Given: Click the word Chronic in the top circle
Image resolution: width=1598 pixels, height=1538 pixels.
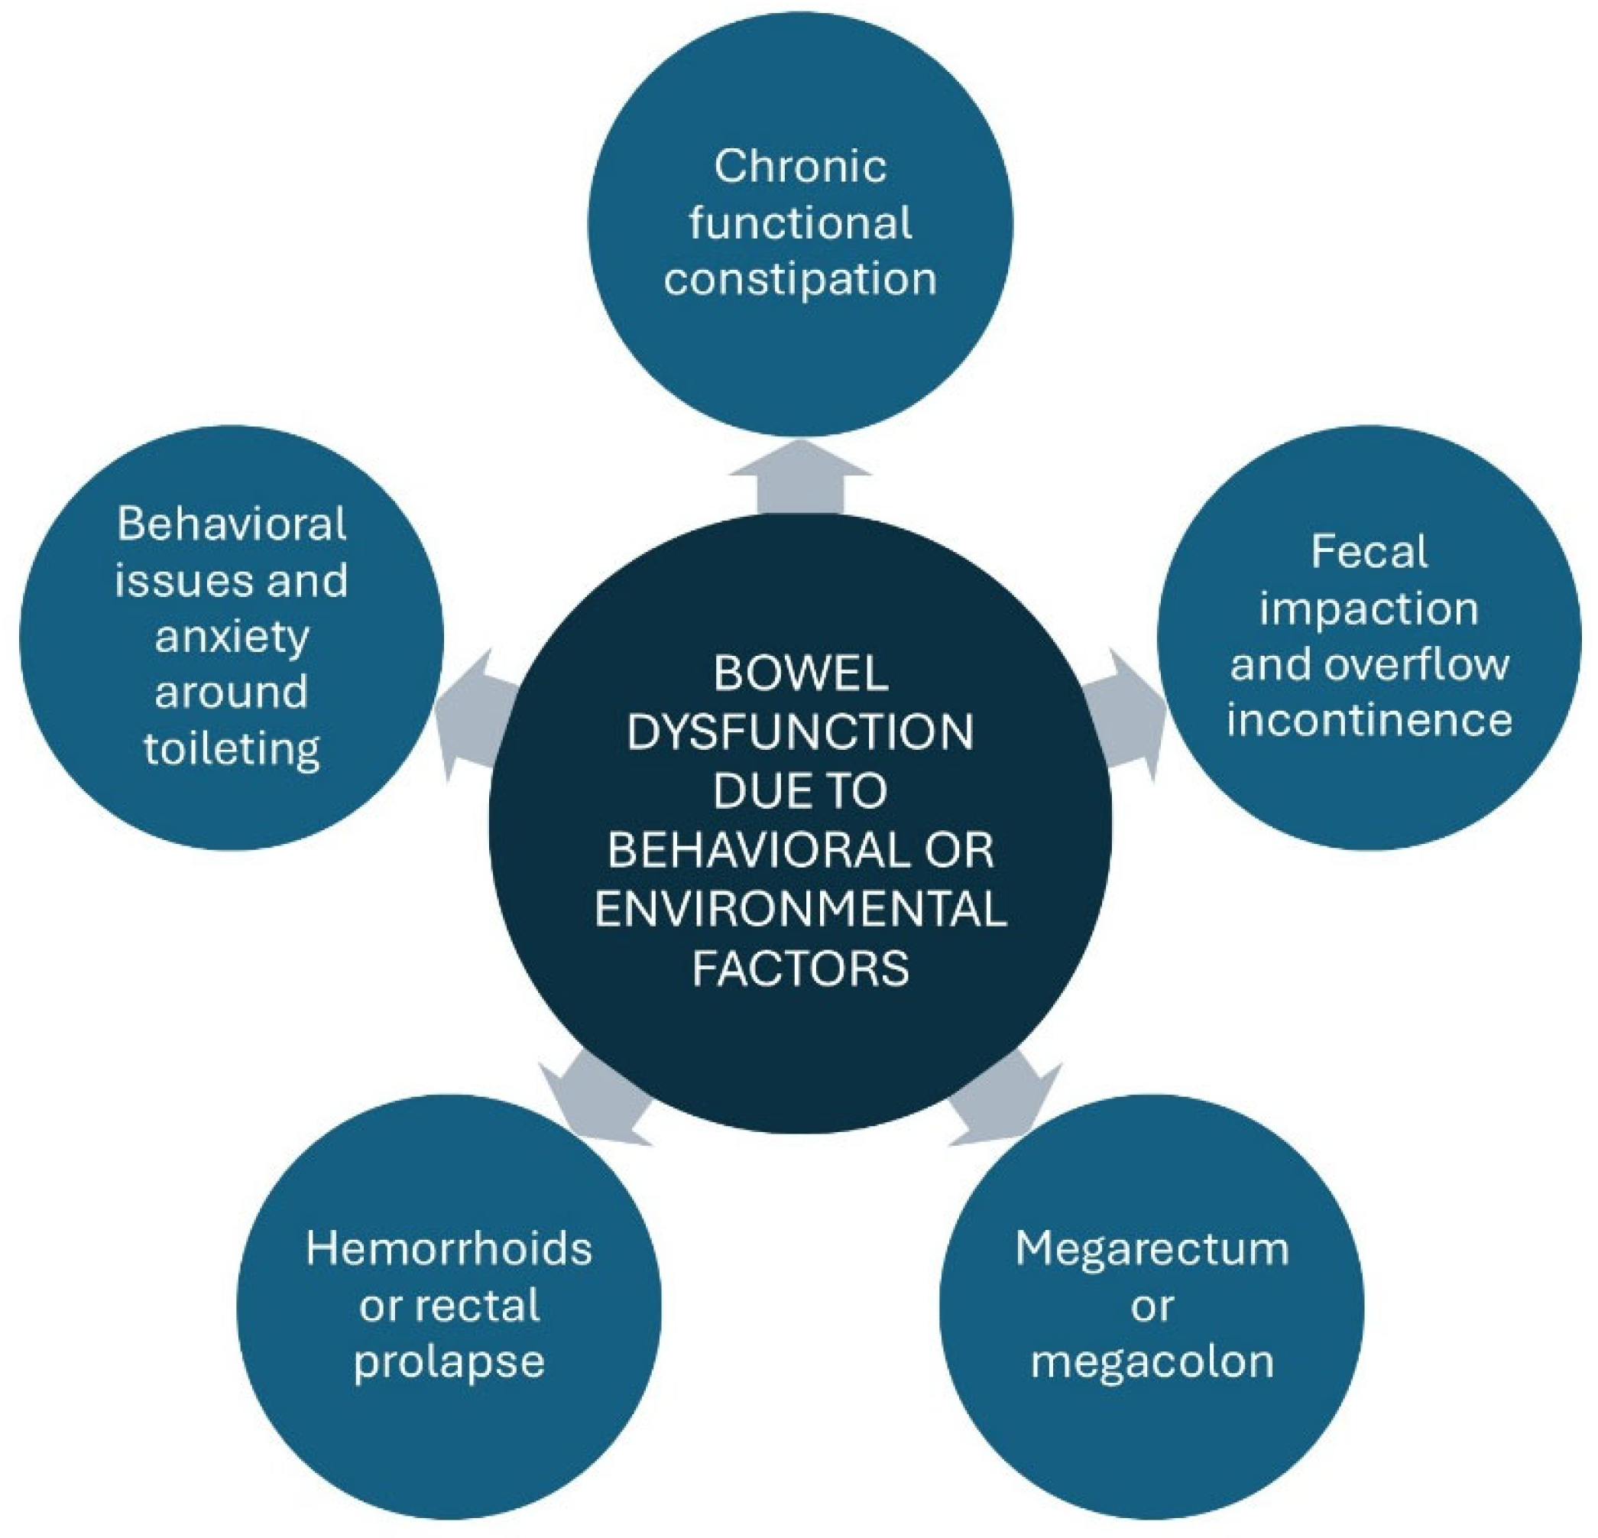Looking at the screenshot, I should click(800, 167).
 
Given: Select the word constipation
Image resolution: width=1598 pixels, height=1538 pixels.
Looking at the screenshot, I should click(800, 280).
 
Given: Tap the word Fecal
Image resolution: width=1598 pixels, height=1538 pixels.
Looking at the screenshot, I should click(1369, 552).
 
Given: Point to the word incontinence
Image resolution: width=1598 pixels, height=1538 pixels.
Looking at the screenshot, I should click(1369, 720).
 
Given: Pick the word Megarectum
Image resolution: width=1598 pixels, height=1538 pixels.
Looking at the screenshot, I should click(1152, 1248).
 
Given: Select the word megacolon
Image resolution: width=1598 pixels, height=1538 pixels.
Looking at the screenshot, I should click(1152, 1361).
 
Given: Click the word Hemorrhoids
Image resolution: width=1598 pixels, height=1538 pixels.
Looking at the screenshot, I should click(449, 1248).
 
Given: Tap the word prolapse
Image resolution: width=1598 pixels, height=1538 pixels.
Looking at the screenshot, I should click(449, 1361).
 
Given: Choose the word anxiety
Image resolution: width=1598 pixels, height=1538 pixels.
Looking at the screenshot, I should click(232, 636).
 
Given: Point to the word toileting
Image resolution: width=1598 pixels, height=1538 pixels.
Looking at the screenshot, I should click(232, 748).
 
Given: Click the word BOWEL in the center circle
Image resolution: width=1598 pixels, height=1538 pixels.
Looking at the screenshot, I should click(800, 673).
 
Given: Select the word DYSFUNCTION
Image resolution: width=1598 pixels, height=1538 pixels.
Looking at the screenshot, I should click(800, 732).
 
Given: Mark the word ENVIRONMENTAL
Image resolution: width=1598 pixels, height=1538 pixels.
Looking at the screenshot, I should click(800, 908).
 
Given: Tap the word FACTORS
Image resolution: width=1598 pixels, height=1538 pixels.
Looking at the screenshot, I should click(800, 968).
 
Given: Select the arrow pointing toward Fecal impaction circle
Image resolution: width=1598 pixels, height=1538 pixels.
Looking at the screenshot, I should click(1130, 715).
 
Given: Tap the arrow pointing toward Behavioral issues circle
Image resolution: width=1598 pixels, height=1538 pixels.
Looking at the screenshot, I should click(473, 715).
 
